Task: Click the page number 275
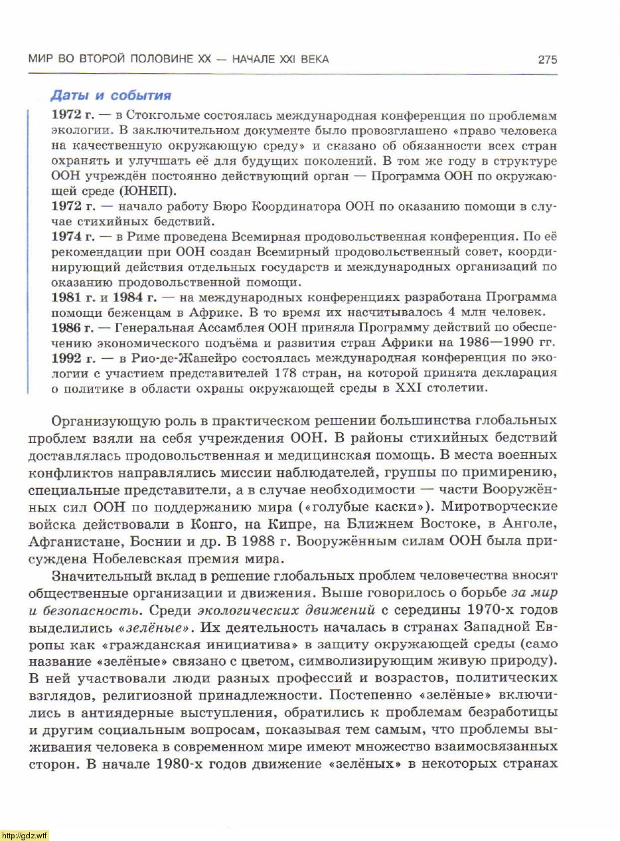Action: click(x=547, y=60)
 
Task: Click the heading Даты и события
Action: click(x=111, y=95)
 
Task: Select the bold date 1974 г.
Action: click(x=72, y=236)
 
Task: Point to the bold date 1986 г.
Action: click(x=72, y=327)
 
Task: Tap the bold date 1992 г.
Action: click(x=72, y=358)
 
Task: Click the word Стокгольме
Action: click(x=163, y=115)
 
